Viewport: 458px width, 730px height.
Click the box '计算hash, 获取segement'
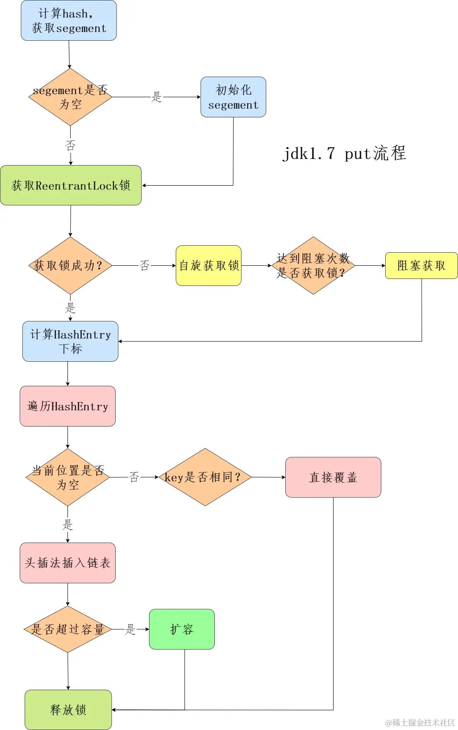coord(69,21)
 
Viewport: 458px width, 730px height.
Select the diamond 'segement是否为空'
coord(70,97)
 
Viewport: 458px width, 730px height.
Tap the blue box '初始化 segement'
coord(233,97)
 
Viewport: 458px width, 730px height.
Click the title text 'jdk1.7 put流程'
coord(344,153)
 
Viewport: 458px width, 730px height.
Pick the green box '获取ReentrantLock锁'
coord(71,185)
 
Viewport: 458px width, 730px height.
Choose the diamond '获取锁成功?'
coord(70,265)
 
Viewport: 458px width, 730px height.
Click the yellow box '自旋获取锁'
coord(209,265)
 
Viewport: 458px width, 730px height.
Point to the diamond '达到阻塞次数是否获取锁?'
coord(313,265)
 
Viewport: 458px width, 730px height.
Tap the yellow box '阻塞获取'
coord(421,265)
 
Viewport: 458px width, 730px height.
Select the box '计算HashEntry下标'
coord(70,341)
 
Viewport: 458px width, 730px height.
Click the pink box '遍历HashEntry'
coord(67,406)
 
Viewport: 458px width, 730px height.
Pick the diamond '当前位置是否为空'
coord(67,477)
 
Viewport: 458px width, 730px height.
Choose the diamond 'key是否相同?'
coord(205,477)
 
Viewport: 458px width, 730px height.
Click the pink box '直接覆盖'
coord(333,477)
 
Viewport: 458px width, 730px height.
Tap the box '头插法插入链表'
coord(67,563)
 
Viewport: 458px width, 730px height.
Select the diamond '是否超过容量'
coord(67,629)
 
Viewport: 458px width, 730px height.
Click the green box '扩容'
coord(182,629)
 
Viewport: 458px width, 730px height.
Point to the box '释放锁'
coord(68,709)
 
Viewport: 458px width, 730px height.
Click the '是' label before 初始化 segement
coord(156,97)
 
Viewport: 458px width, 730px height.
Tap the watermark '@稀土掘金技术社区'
coord(419,723)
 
